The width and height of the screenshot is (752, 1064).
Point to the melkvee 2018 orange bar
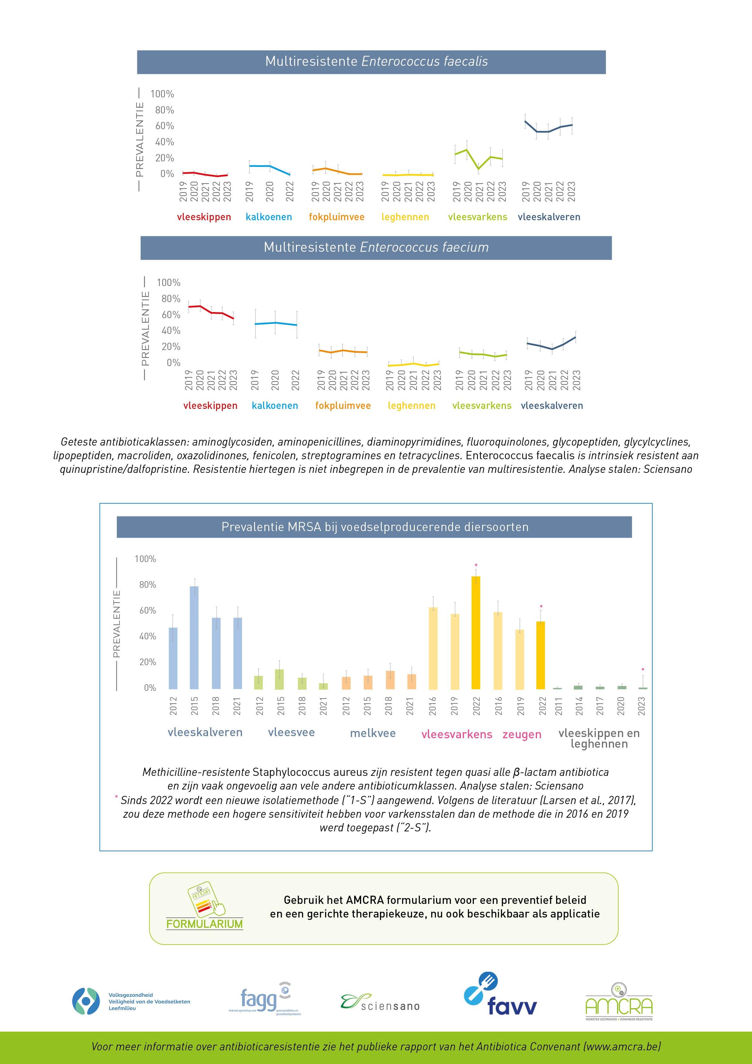(390, 679)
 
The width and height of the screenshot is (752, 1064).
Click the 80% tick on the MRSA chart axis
(147, 585)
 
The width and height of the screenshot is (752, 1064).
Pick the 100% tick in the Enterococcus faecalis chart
(162, 94)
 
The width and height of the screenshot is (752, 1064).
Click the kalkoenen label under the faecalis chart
(269, 217)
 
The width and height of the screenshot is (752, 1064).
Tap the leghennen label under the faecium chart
(411, 406)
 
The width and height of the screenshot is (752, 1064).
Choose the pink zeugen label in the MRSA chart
(522, 735)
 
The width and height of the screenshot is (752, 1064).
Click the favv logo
(500, 1000)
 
